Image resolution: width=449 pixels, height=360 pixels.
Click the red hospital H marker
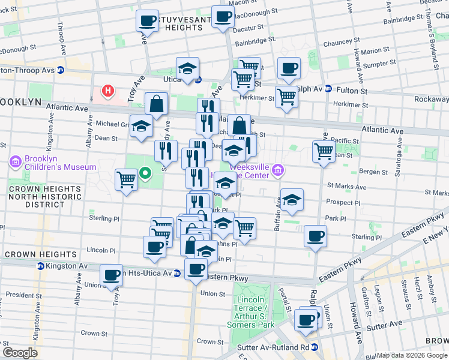tap(108, 91)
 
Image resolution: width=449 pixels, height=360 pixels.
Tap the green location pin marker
tap(145, 175)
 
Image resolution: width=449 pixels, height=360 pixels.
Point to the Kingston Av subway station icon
tap(40, 266)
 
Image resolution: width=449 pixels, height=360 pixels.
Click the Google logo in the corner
tap(20, 352)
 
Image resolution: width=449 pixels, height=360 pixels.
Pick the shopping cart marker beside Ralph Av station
tap(287, 96)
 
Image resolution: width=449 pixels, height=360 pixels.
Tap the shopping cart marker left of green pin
tap(127, 179)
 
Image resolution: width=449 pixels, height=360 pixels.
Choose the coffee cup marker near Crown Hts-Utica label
tap(112, 275)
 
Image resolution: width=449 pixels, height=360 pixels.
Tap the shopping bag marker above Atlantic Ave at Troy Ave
tap(156, 104)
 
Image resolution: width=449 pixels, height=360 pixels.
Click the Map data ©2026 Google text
tap(412, 355)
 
